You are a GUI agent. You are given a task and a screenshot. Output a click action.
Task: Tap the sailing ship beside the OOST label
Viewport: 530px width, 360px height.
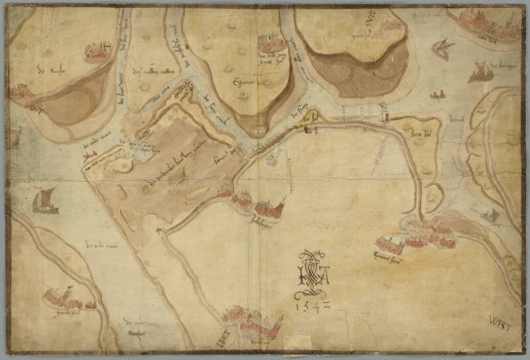[46, 200]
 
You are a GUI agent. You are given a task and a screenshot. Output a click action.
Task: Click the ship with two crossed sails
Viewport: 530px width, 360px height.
[441, 48]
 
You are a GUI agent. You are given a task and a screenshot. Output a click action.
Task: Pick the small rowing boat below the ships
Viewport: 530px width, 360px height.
[436, 95]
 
